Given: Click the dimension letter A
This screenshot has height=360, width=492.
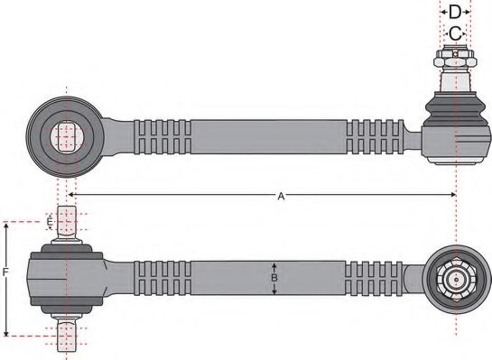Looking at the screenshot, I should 281,196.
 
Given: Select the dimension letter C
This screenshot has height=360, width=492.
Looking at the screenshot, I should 456,33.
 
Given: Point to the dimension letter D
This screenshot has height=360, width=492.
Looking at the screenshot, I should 456,12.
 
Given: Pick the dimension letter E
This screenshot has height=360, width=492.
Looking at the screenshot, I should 50,222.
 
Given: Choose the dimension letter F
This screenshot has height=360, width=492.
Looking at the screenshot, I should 7,271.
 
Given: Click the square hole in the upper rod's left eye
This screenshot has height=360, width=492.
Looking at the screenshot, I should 64,137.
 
